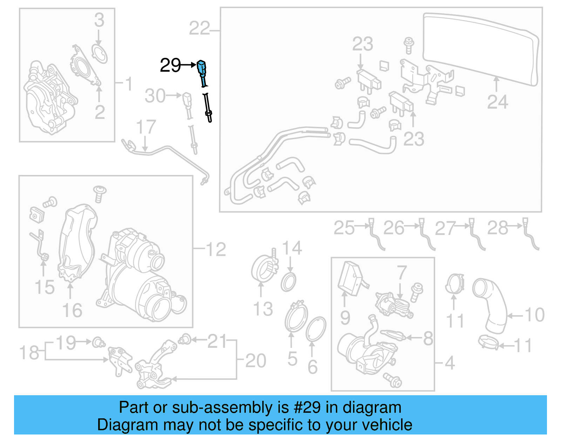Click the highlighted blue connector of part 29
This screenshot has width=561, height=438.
[202, 67]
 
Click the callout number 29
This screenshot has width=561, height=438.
[170, 65]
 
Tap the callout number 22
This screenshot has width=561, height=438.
[199, 28]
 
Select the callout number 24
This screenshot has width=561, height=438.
[497, 102]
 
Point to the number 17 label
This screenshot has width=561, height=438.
[146, 127]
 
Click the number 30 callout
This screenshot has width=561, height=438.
[155, 96]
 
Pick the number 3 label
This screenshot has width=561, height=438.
[99, 20]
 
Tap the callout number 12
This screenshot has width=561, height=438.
[216, 250]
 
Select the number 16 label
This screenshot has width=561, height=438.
[72, 310]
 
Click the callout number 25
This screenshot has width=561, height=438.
[344, 228]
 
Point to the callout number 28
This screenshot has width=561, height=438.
[498, 228]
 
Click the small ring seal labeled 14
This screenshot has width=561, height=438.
[288, 282]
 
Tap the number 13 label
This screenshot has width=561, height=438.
[263, 309]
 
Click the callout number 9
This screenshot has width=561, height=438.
[345, 318]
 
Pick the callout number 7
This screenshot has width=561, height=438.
[401, 272]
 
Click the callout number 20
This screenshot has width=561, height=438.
[256, 361]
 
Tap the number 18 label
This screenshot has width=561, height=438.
[29, 353]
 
